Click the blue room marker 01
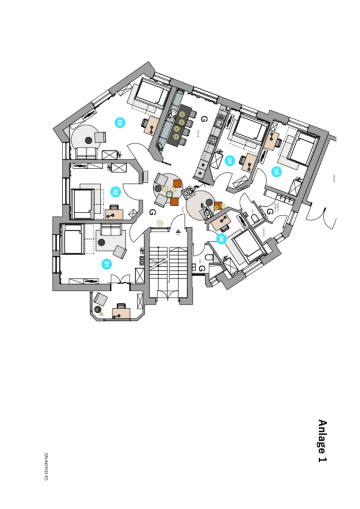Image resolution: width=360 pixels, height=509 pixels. pos(107,264)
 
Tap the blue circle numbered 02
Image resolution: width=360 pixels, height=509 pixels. pos(115,192)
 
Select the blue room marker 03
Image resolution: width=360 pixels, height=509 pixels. pos(120,122)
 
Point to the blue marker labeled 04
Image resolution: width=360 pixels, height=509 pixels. pos(230,160)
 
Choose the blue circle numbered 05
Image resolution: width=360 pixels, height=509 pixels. pos(276,172)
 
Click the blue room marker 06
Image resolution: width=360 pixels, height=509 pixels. pos(221,239)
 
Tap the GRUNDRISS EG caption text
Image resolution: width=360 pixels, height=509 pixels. pos(46,467)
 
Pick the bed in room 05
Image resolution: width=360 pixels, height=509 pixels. pos(301,149)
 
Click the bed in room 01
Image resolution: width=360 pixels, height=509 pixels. pos(72,240)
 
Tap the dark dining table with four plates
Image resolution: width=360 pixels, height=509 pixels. pos(182,125)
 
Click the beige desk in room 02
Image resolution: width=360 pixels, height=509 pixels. pos(114,214)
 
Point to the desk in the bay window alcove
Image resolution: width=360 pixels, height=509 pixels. pos(121,313)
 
